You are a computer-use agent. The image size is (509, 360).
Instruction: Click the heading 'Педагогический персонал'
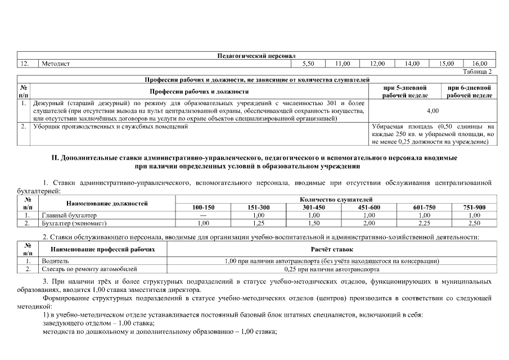(256, 56)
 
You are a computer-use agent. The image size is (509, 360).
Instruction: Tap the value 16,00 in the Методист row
(479, 64)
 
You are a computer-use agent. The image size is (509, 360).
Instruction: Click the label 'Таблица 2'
(477, 71)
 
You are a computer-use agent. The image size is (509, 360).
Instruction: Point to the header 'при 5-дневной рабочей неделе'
(404, 92)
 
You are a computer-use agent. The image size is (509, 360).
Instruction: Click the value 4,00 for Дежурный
(433, 111)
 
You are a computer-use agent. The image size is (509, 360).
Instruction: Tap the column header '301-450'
(314, 208)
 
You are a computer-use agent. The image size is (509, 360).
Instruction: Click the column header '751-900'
(474, 208)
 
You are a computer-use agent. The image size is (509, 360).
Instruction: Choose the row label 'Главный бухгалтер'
(69, 215)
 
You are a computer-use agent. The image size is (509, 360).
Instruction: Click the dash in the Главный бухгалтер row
(203, 215)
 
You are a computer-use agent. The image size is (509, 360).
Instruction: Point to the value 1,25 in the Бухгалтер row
(259, 223)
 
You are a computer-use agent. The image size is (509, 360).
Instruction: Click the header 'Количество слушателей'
(336, 200)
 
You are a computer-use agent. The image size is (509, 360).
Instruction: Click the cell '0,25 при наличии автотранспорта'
(331, 269)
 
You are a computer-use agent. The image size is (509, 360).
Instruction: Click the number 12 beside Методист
(24, 64)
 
